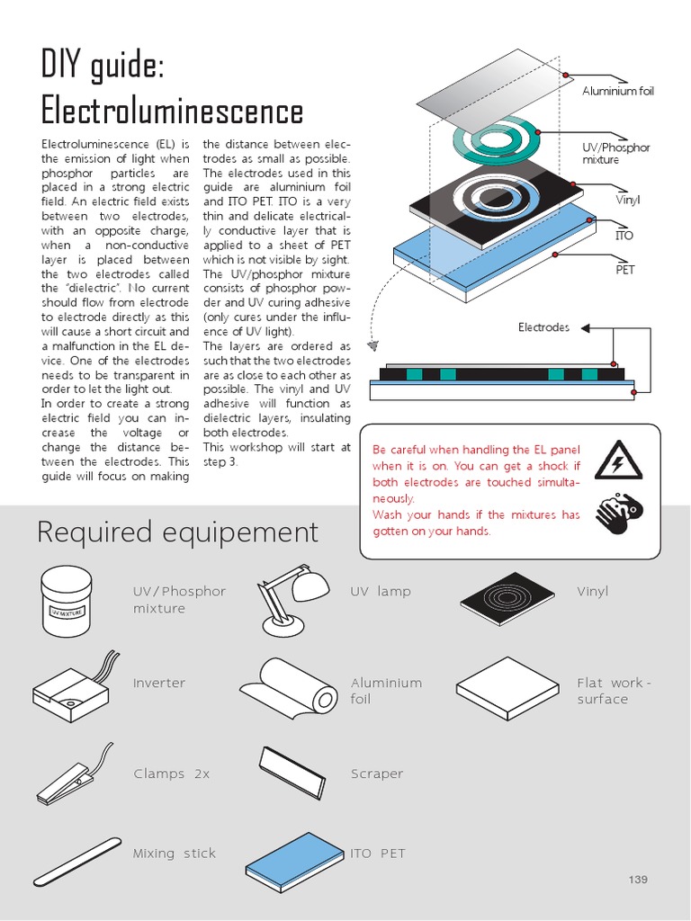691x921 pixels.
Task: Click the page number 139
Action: tap(638, 880)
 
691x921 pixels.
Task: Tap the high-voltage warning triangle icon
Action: tap(618, 460)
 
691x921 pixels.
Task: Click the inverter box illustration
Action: tap(72, 690)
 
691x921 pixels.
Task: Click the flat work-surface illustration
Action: tap(510, 687)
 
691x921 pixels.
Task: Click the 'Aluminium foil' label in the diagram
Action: tap(617, 92)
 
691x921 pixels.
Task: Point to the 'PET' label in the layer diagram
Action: tap(624, 270)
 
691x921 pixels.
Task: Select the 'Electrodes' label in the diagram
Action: tap(543, 327)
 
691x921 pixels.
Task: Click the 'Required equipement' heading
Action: tap(177, 532)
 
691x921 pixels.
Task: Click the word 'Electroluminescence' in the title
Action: tap(172, 112)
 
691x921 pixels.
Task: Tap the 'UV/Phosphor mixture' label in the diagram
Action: tap(615, 153)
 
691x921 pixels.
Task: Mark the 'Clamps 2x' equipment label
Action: tap(171, 773)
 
